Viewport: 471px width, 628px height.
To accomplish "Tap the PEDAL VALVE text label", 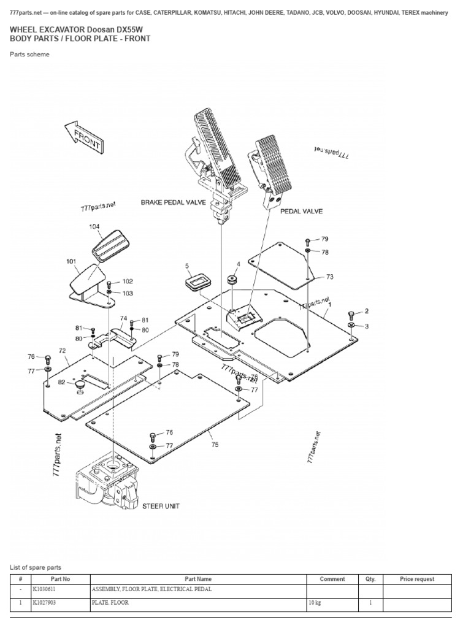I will pos(301,211).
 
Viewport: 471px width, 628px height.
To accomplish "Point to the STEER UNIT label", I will pos(161,506).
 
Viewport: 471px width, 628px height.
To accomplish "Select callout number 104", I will pos(94,227).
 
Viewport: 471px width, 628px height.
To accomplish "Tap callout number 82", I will pos(62,381).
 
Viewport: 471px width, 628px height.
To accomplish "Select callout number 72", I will pos(62,350).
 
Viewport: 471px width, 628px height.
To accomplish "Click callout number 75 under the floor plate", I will pos(214,445).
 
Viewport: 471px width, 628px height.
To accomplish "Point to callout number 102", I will pos(127,281).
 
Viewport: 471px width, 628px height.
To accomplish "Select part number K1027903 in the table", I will pos(47,603).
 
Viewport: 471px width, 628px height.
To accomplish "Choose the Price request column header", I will pos(416,579).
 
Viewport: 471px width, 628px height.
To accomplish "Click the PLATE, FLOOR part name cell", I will pos(110,603).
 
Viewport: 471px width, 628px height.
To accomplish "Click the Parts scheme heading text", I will pos(30,55).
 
